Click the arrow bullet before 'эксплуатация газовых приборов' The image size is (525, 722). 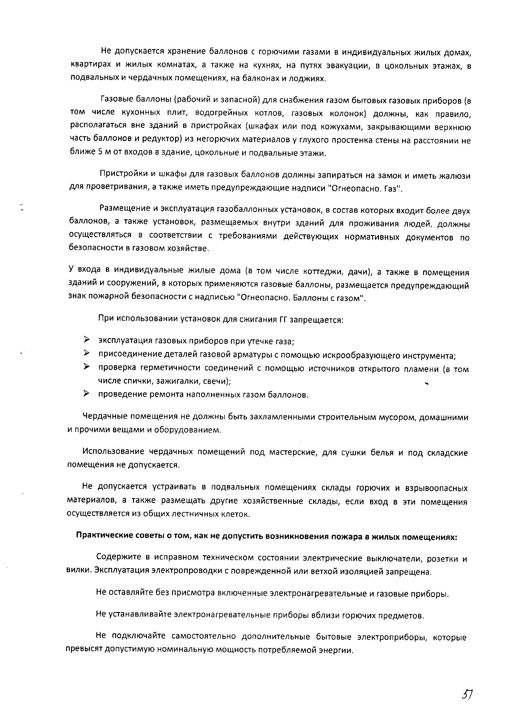click(x=86, y=340)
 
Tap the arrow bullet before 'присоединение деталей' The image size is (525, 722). click(x=86, y=353)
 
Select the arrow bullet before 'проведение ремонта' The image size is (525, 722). click(x=86, y=394)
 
